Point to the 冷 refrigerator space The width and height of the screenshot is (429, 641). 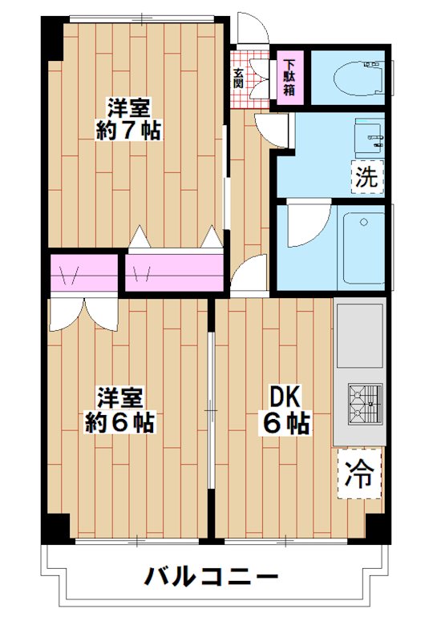point(359,474)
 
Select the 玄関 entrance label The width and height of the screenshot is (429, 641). point(239,77)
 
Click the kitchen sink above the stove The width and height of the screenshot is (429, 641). point(360,336)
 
